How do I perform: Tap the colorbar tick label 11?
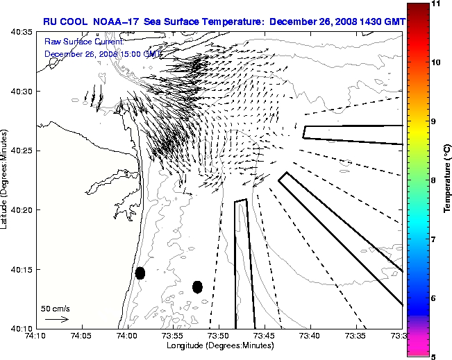click(x=435, y=4)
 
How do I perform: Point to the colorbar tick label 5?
click(x=433, y=357)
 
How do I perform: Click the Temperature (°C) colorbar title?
click(x=447, y=180)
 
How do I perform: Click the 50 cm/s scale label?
click(x=56, y=308)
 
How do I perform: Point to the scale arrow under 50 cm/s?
click(x=56, y=319)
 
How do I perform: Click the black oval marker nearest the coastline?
click(x=140, y=273)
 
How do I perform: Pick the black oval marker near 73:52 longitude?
click(x=197, y=286)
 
